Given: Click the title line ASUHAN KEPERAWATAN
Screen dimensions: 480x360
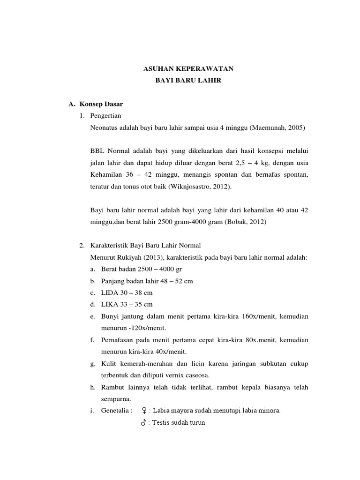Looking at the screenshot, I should point(188,69).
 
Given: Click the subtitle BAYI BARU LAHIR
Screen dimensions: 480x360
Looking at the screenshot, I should point(188,81).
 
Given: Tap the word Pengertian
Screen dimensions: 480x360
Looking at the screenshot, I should point(106,115).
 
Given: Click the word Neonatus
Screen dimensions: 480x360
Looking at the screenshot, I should point(104,127).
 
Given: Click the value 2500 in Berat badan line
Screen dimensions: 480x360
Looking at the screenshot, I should point(146,269).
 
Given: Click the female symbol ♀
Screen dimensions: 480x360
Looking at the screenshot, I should point(144,411).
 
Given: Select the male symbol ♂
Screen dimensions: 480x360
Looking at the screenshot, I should point(143,422).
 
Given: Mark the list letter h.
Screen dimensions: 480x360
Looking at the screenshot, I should point(92,387).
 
